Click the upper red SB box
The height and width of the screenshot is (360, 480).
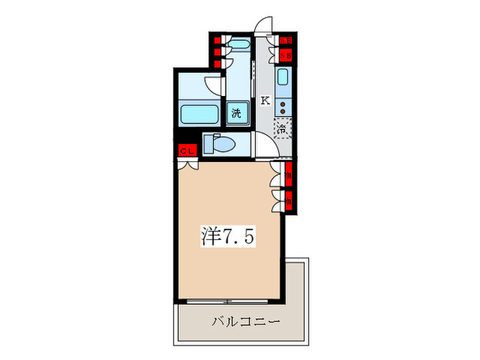(287, 40)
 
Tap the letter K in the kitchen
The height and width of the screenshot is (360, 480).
(264, 100)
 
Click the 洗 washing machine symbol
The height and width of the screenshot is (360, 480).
(236, 113)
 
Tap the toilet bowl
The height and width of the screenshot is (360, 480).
(224, 144)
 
